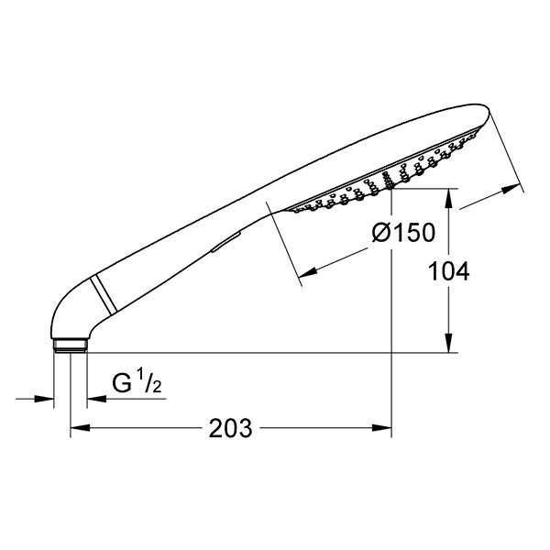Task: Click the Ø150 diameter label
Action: coord(403,232)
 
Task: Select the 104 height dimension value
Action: coord(449,271)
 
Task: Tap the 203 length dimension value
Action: coord(230,428)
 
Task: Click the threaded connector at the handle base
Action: coord(71,346)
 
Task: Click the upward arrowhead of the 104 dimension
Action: coord(449,199)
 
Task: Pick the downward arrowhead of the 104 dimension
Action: coord(449,342)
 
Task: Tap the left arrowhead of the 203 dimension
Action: coord(81,428)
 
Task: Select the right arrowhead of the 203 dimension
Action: coord(381,428)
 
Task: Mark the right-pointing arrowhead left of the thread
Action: coord(44,399)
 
